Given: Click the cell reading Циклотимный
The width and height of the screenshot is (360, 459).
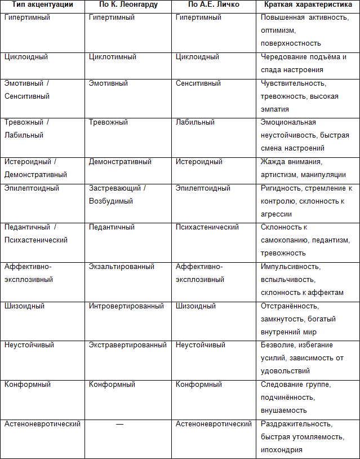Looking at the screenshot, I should tap(112, 57).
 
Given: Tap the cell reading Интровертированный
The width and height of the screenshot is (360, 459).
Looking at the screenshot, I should tap(126, 306).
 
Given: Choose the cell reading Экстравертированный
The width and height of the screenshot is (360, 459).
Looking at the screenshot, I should tap(127, 345).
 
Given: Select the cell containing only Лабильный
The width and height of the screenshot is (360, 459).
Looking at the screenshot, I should tap(195, 122).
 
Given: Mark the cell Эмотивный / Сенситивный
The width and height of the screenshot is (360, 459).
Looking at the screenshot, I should tap(27, 90).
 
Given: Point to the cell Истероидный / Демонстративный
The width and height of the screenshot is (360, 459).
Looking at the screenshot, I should tap(35, 168).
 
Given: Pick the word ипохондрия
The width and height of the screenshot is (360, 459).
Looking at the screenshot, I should tap(282, 449).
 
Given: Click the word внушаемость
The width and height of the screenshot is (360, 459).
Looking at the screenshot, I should tap(284, 411).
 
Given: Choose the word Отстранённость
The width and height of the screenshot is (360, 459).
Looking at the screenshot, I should tap(290, 306).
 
